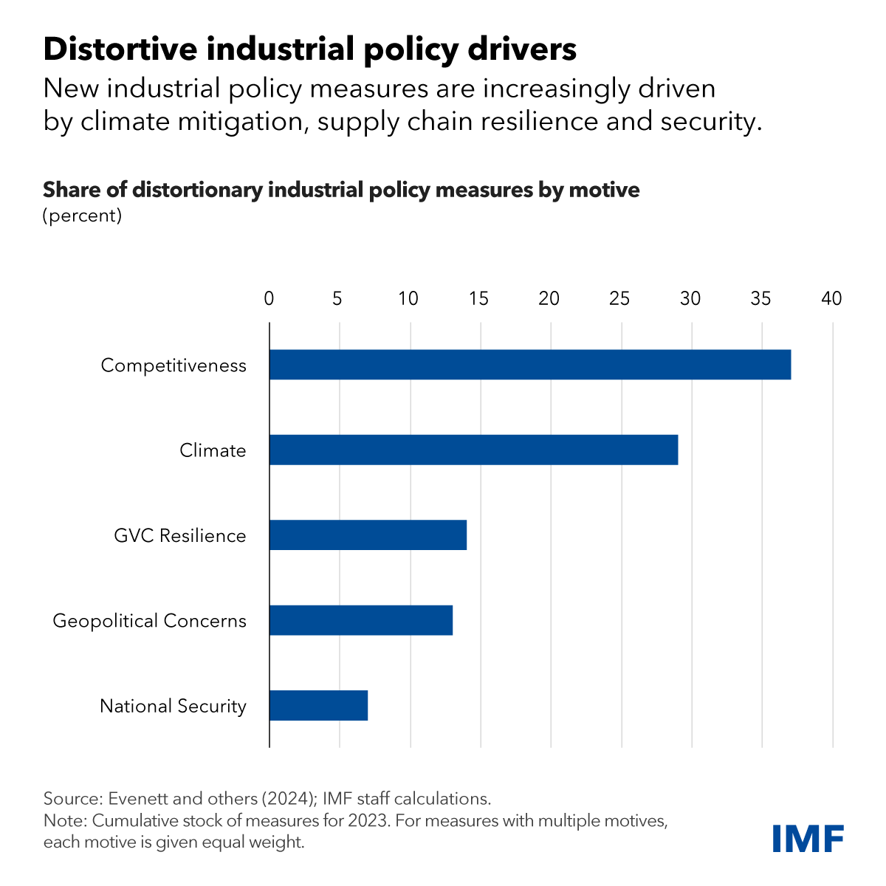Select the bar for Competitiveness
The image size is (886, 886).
point(530,365)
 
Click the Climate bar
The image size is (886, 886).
point(473,450)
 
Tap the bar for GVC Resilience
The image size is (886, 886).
point(368,535)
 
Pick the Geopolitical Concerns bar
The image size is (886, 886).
point(361,620)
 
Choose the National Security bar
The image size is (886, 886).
point(318,705)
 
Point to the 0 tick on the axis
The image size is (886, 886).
point(269,299)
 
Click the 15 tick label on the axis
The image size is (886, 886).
point(479,299)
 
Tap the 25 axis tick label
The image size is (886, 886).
point(619,299)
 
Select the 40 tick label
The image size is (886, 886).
point(831,299)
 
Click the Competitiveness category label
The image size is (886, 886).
point(174,365)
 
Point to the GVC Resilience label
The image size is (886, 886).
point(180,535)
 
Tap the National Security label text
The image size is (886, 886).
point(173,706)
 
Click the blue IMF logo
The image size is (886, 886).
point(808,838)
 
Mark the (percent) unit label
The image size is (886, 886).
point(82,216)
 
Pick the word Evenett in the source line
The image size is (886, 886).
point(138,798)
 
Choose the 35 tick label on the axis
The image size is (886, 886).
point(760,299)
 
